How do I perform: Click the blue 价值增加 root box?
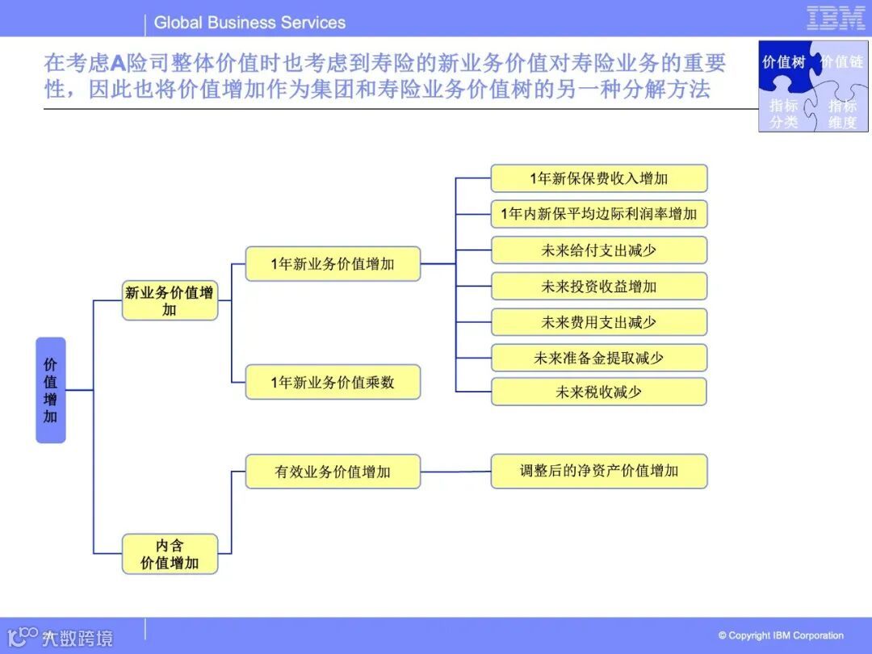pos(50,391)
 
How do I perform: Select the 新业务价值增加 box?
pos(170,301)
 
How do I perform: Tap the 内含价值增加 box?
pos(170,554)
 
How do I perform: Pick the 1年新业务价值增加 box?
pos(333,264)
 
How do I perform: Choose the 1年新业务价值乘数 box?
pos(333,382)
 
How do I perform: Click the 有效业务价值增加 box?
pos(333,472)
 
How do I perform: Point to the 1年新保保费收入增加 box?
pos(598,178)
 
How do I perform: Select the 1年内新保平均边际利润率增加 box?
pos(598,214)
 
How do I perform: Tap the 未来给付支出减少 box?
pos(598,250)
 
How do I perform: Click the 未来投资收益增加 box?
pos(598,287)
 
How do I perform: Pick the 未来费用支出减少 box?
pos(598,322)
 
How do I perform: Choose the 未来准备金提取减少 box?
pos(598,358)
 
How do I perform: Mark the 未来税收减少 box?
pos(598,392)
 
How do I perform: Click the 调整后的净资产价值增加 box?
pos(598,471)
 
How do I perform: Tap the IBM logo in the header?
pos(836,18)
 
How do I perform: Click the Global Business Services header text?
pos(249,23)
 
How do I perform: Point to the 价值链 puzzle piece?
pos(842,61)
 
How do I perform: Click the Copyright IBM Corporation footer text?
pos(781,635)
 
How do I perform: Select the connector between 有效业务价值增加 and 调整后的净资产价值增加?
pos(455,472)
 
